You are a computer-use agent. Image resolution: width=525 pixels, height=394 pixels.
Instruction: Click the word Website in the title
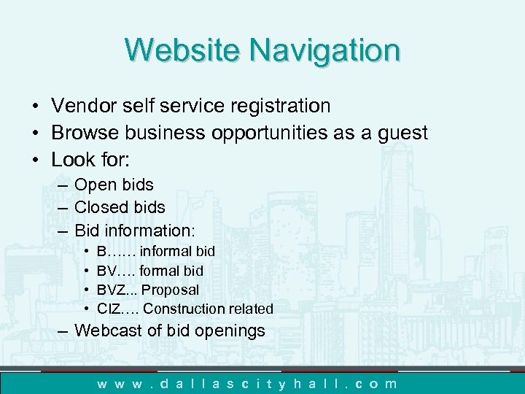tap(182, 50)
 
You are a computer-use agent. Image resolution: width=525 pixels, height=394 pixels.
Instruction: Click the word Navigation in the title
tap(324, 50)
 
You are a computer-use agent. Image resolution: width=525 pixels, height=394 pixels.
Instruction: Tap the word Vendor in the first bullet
tap(82, 107)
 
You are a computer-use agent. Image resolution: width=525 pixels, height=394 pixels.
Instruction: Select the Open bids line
tap(114, 185)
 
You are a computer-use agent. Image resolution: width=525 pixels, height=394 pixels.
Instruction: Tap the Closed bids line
tap(120, 208)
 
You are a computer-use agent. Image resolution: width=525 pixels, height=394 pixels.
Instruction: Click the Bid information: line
tap(135, 231)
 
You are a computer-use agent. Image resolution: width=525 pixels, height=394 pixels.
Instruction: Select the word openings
tap(232, 331)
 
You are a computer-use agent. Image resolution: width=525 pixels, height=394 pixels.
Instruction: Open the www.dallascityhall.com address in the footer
tap(248, 383)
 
